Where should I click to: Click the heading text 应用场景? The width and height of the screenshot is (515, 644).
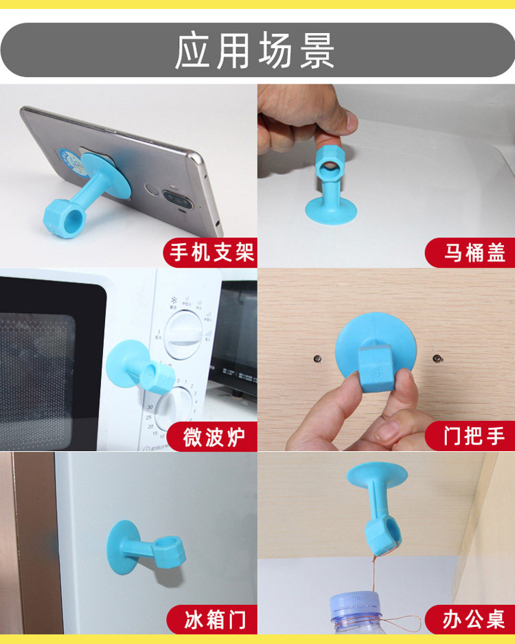click(255, 51)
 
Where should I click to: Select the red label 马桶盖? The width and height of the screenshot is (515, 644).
click(472, 252)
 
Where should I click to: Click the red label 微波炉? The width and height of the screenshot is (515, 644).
click(213, 437)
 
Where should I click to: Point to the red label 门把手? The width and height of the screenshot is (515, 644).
click(472, 436)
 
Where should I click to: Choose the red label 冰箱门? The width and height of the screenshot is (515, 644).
click(213, 619)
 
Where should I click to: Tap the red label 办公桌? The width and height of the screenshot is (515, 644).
click(472, 619)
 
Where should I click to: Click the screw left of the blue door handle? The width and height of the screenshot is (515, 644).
click(317, 358)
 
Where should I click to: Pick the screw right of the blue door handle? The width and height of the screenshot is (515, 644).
click(438, 358)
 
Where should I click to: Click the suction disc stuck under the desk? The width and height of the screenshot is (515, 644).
click(376, 474)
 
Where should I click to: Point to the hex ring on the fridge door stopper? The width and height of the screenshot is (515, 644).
click(168, 553)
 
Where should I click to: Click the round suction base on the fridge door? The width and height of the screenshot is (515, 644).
click(122, 548)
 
